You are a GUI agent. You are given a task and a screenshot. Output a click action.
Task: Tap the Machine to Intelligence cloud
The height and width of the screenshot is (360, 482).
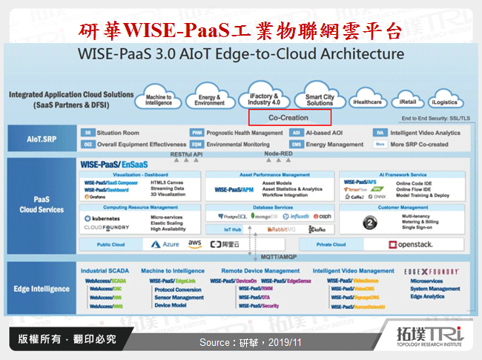tap(159, 99)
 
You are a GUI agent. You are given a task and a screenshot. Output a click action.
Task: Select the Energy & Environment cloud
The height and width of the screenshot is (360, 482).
tap(210, 99)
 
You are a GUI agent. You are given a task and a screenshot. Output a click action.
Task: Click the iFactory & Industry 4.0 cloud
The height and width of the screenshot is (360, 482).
tap(264, 99)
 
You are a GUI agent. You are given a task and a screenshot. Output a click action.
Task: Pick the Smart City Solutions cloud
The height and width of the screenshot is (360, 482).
tap(320, 99)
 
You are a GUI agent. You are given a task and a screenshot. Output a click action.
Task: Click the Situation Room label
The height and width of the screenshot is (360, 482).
tap(119, 133)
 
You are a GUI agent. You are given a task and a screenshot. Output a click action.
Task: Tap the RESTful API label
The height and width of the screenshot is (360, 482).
tap(186, 154)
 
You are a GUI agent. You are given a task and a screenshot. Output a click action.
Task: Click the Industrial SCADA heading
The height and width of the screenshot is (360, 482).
tap(105, 271)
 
